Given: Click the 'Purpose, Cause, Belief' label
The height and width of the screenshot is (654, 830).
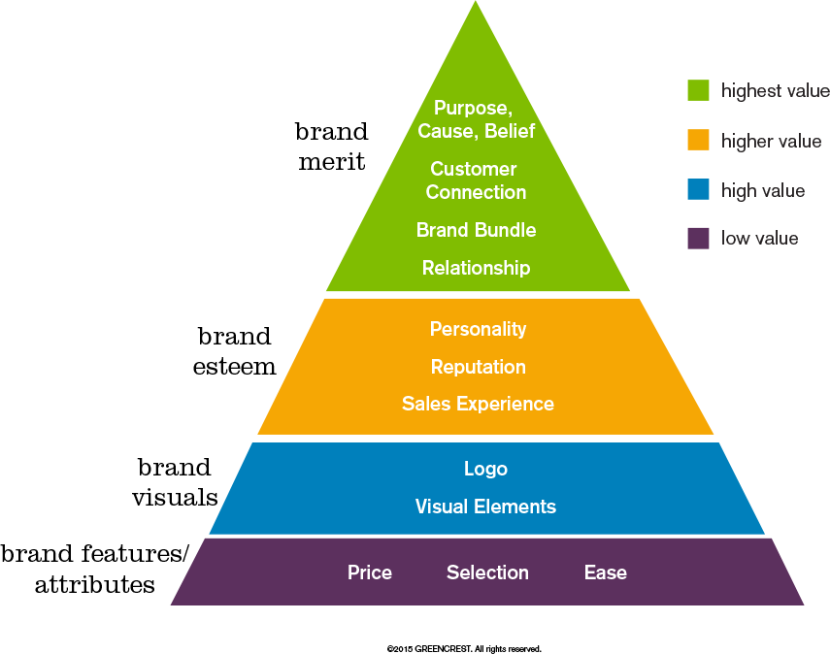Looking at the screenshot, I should pyautogui.click(x=476, y=119).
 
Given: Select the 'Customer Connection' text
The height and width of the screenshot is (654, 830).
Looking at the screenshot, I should pyautogui.click(x=475, y=180).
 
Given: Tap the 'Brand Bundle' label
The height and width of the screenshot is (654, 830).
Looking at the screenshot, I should pyautogui.click(x=476, y=230).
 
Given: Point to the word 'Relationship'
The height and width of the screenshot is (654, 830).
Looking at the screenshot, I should pyautogui.click(x=476, y=268).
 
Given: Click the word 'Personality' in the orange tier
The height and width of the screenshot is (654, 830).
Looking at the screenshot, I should pyautogui.click(x=478, y=329).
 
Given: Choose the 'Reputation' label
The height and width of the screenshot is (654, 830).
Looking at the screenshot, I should pyautogui.click(x=478, y=367).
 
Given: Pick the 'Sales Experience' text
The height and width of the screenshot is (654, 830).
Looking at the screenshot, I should pyautogui.click(x=478, y=404).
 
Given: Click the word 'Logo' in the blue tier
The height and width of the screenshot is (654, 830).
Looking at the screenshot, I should pyautogui.click(x=485, y=469).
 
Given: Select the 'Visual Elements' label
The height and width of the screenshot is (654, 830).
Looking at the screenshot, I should pyautogui.click(x=485, y=507).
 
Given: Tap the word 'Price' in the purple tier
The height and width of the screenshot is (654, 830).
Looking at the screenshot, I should pyautogui.click(x=370, y=572).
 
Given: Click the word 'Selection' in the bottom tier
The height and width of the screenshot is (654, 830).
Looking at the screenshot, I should pyautogui.click(x=487, y=572).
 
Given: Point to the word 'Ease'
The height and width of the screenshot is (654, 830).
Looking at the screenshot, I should pyautogui.click(x=605, y=572).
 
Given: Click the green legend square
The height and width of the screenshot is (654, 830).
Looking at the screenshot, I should pyautogui.click(x=698, y=90).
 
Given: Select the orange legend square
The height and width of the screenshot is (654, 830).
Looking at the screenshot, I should pyautogui.click(x=698, y=140).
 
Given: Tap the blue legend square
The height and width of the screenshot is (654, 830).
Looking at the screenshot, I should pyautogui.click(x=698, y=189).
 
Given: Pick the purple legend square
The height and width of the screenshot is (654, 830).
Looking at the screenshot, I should pyautogui.click(x=698, y=238).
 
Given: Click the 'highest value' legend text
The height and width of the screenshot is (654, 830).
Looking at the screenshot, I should pyautogui.click(x=775, y=91).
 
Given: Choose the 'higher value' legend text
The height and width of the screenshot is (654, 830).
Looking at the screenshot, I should pyautogui.click(x=771, y=142).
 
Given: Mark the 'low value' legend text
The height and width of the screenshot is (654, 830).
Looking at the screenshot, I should pyautogui.click(x=759, y=239).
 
